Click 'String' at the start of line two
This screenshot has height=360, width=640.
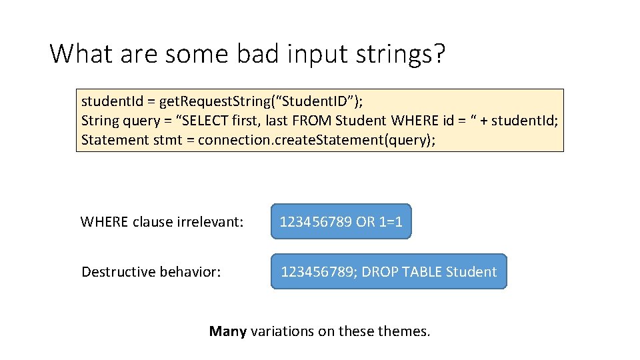click(x=99, y=121)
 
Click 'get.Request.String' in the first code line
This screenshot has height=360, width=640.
click(x=216, y=101)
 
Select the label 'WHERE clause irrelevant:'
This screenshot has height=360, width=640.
click(x=162, y=222)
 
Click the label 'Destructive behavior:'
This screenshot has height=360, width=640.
click(x=151, y=272)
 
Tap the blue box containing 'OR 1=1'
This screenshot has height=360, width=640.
click(x=341, y=222)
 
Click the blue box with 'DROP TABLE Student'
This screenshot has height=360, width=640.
click(x=389, y=272)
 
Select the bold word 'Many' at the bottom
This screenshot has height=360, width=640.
click(x=228, y=331)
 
